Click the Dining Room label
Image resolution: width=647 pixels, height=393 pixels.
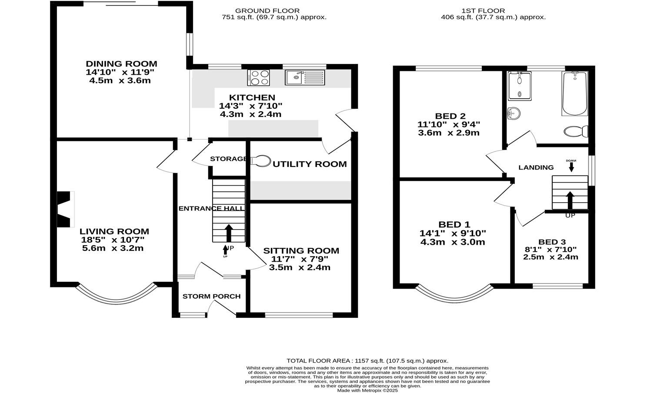tap(121, 64)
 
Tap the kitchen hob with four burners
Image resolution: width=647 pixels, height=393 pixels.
tap(258, 77)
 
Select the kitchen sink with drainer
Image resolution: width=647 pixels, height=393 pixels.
tap(305, 77)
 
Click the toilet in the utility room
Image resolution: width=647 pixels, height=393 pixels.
tap(260, 161)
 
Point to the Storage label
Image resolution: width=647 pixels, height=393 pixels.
tap(228, 159)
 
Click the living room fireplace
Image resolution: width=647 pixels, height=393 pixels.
tap(65, 210)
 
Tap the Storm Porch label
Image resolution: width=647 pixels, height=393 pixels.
tap(211, 296)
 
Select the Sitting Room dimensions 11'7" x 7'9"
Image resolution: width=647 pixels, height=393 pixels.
tap(300, 259)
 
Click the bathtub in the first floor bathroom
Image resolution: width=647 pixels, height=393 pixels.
tap(574, 93)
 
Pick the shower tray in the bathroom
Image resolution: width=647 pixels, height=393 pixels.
tap(519, 86)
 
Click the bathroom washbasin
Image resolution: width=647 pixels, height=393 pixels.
tap(514, 113)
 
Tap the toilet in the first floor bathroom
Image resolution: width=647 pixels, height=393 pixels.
tap(577, 131)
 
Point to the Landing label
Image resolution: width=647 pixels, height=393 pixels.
tap(536, 167)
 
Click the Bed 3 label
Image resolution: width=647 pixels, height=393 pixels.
tap(552, 242)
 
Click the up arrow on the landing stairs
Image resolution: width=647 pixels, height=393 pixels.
tap(570, 200)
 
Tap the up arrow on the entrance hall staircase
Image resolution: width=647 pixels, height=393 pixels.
tap(228, 233)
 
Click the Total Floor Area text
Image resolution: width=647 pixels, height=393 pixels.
tap(367, 361)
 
